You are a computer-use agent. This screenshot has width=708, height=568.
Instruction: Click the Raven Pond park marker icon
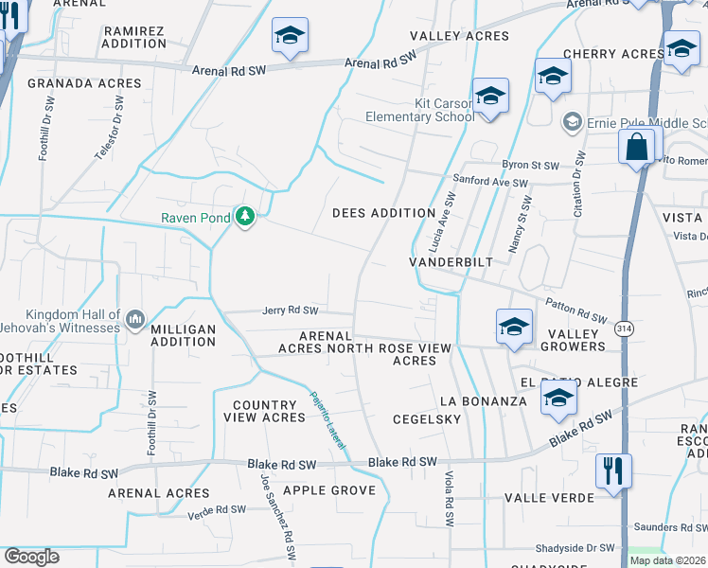tap(246, 218)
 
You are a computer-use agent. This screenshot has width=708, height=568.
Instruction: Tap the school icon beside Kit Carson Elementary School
tap(490, 97)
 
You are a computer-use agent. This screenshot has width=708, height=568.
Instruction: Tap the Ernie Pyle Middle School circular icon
tap(572, 122)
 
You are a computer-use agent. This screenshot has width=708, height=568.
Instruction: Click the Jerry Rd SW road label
tap(290, 311)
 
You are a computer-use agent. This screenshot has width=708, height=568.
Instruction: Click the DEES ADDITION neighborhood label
tap(383, 213)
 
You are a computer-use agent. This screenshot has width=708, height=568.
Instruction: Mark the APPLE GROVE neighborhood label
tap(329, 489)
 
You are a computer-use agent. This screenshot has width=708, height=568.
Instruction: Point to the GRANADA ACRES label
tap(72, 83)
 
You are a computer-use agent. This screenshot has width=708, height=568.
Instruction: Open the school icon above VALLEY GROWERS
tap(514, 326)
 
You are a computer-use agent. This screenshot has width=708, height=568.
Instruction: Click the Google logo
tap(31, 557)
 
